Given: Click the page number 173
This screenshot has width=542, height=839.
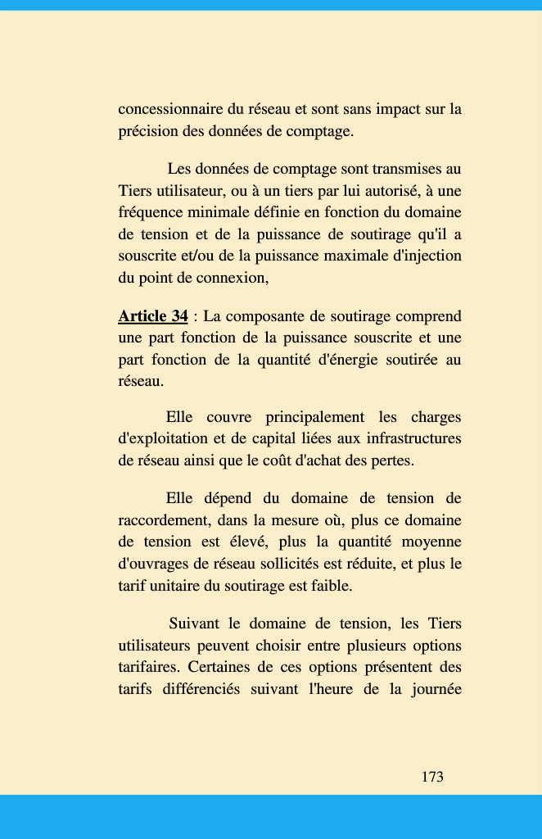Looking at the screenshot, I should click(x=432, y=777).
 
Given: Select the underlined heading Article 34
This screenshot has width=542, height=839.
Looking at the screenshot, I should click(x=153, y=316).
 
